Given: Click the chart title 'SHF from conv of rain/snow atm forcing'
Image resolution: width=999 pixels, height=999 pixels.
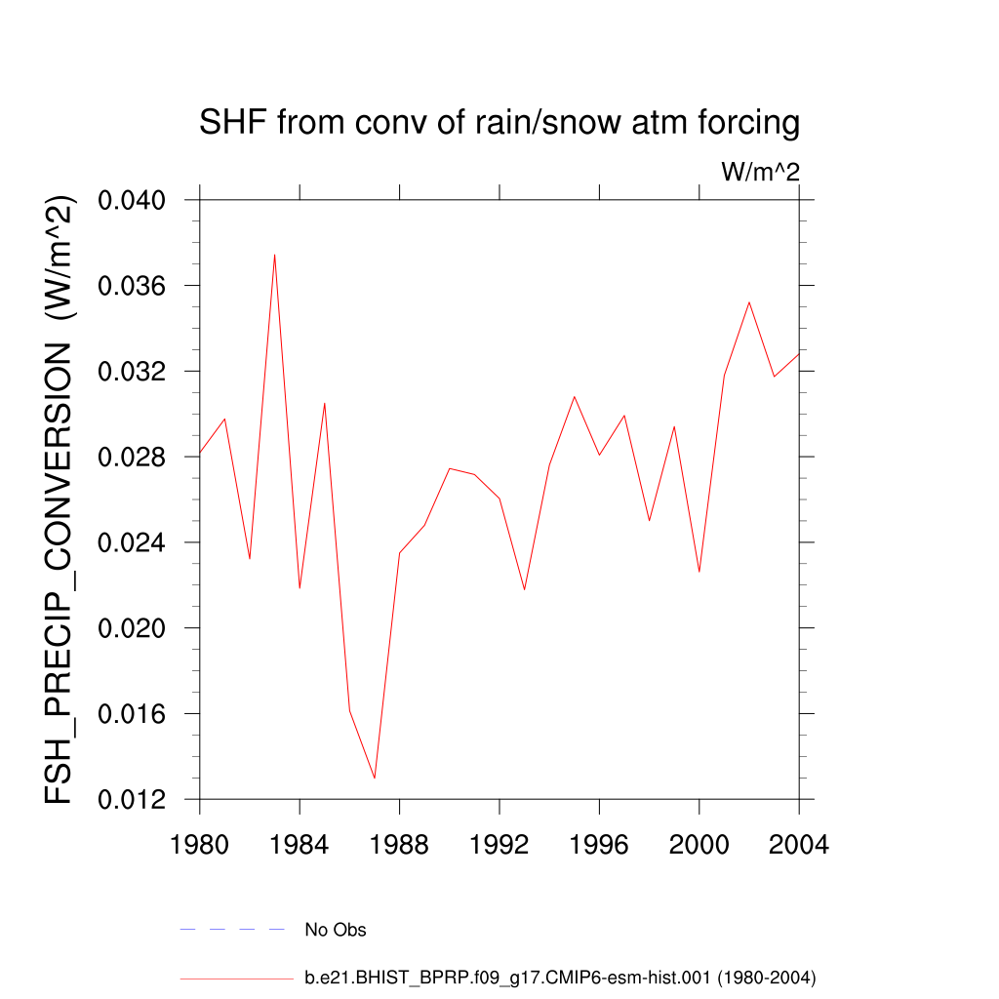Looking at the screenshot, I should click(x=499, y=124).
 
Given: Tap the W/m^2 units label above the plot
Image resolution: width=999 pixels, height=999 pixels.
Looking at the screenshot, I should click(x=760, y=173).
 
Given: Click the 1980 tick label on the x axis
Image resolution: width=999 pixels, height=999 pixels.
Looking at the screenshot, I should click(x=200, y=845).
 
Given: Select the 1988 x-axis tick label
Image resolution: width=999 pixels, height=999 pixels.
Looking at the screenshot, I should click(x=399, y=845).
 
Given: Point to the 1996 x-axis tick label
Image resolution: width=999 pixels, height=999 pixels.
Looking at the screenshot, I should click(x=599, y=845).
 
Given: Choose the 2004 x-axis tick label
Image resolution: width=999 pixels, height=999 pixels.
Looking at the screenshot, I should click(x=798, y=845).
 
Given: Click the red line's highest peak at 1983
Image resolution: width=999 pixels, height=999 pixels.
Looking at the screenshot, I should click(x=275, y=255).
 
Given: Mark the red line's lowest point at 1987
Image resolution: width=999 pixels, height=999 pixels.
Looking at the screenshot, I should click(x=375, y=778).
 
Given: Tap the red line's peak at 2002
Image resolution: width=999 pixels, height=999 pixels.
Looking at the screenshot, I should click(x=748, y=302).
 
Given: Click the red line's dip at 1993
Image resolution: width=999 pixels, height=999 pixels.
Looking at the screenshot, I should click(x=524, y=589).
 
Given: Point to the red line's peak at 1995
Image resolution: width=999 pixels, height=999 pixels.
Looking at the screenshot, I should click(x=575, y=396).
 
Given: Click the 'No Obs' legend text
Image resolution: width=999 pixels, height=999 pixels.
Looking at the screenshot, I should click(x=336, y=930).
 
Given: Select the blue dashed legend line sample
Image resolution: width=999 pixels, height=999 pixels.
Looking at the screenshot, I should click(x=231, y=930).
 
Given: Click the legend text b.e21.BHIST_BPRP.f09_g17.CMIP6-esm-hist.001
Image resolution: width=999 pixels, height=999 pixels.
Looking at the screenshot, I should click(x=560, y=978).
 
